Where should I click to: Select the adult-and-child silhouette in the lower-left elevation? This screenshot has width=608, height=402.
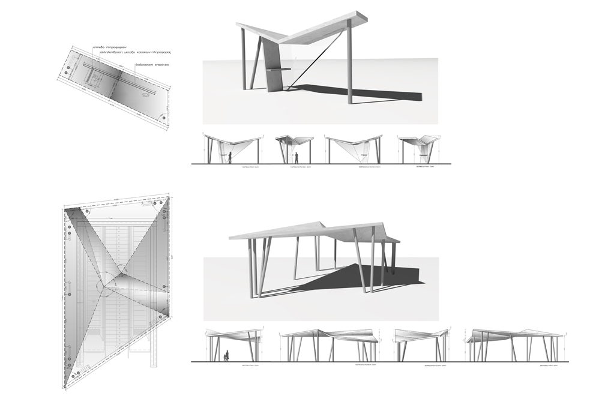(226, 356)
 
